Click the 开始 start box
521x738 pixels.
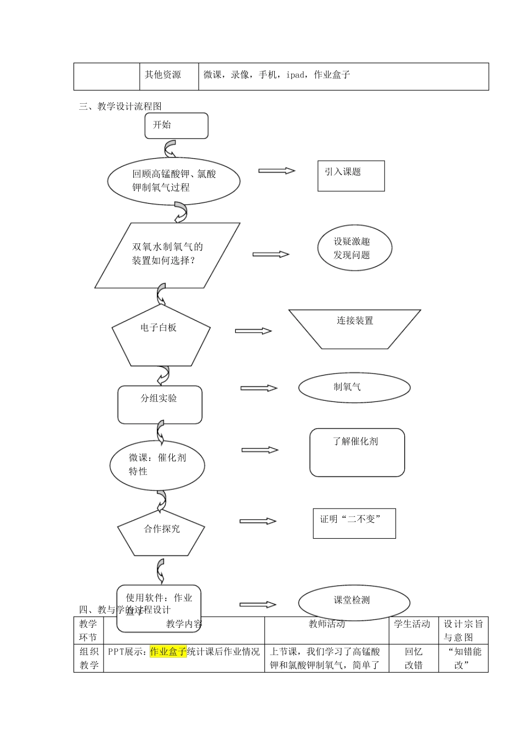tap(176, 126)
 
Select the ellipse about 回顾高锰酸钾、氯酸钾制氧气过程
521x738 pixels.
tap(174, 181)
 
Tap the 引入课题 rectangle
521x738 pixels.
tap(351, 176)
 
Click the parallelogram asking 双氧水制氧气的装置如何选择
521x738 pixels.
tap(167, 255)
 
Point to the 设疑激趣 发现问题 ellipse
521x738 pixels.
tap(354, 248)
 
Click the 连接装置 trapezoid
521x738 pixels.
tap(354, 328)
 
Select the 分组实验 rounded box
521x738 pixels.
tap(160, 404)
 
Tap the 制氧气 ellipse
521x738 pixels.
tap(354, 387)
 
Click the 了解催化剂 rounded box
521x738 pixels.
tap(357, 452)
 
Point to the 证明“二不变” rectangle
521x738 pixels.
tap(354, 523)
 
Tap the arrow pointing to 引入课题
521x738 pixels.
tap(277, 171)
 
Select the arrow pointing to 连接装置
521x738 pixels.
tap(253, 331)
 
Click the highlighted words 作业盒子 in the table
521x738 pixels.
tap(168, 652)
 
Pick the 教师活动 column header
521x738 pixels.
tap(327, 624)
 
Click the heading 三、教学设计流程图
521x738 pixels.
tap(120, 107)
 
